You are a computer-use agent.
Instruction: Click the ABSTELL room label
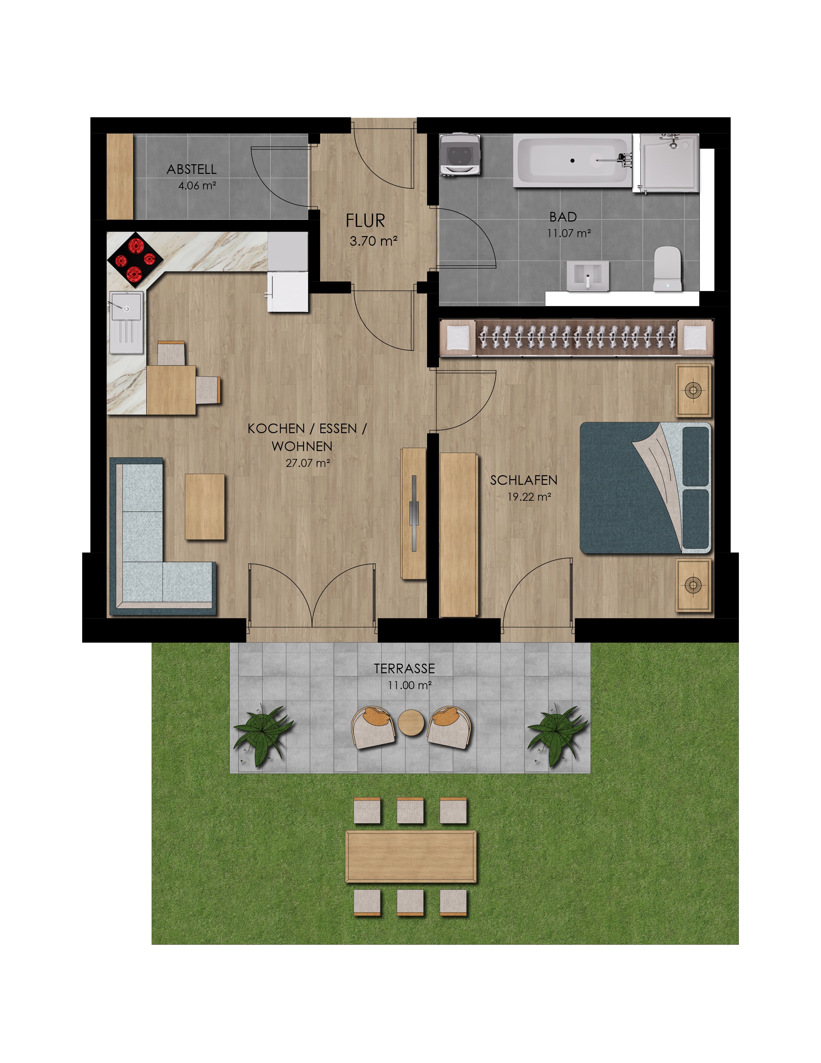191,169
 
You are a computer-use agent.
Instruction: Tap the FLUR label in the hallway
365,221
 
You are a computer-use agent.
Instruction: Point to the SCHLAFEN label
524,481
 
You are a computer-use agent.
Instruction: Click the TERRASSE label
405,669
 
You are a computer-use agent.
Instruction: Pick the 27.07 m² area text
308,463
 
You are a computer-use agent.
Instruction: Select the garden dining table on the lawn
411,856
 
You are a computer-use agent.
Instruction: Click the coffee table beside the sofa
205,507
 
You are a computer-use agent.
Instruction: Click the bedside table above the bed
694,390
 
